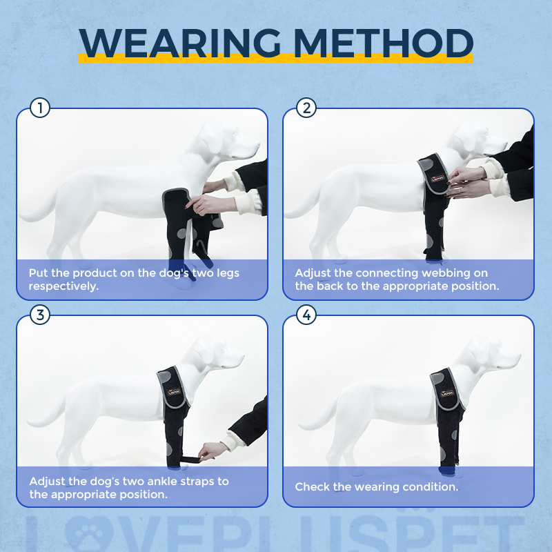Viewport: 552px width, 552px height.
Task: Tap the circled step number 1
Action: pos(40,108)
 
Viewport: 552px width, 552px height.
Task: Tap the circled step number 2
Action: pos(306,108)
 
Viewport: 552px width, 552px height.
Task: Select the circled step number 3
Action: pos(40,315)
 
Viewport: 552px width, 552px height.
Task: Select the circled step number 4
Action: pos(306,315)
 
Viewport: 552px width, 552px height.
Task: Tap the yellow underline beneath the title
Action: pos(276,59)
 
